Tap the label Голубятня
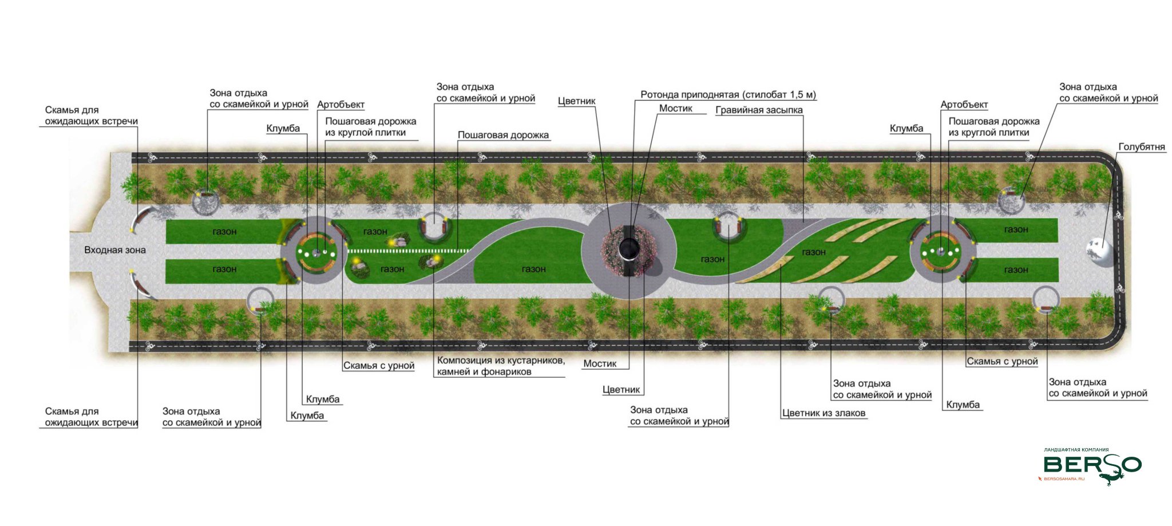pyautogui.click(x=1141, y=147)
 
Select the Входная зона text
pyautogui.click(x=114, y=250)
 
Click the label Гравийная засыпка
pyautogui.click(x=759, y=110)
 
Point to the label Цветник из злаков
pyautogui.click(x=823, y=413)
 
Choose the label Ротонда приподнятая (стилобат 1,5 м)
pyautogui.click(x=728, y=95)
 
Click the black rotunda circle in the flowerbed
pyautogui.click(x=629, y=248)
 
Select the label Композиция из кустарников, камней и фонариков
pyautogui.click(x=501, y=366)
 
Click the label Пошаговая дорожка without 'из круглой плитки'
pyautogui.click(x=503, y=135)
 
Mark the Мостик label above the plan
pyautogui.click(x=675, y=108)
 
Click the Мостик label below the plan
pyautogui.click(x=600, y=363)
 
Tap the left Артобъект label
pyautogui.click(x=340, y=105)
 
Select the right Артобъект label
pyautogui.click(x=964, y=105)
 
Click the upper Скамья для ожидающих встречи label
pyautogui.click(x=91, y=116)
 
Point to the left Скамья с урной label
pyautogui.click(x=379, y=366)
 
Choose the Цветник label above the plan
pyautogui.click(x=576, y=101)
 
